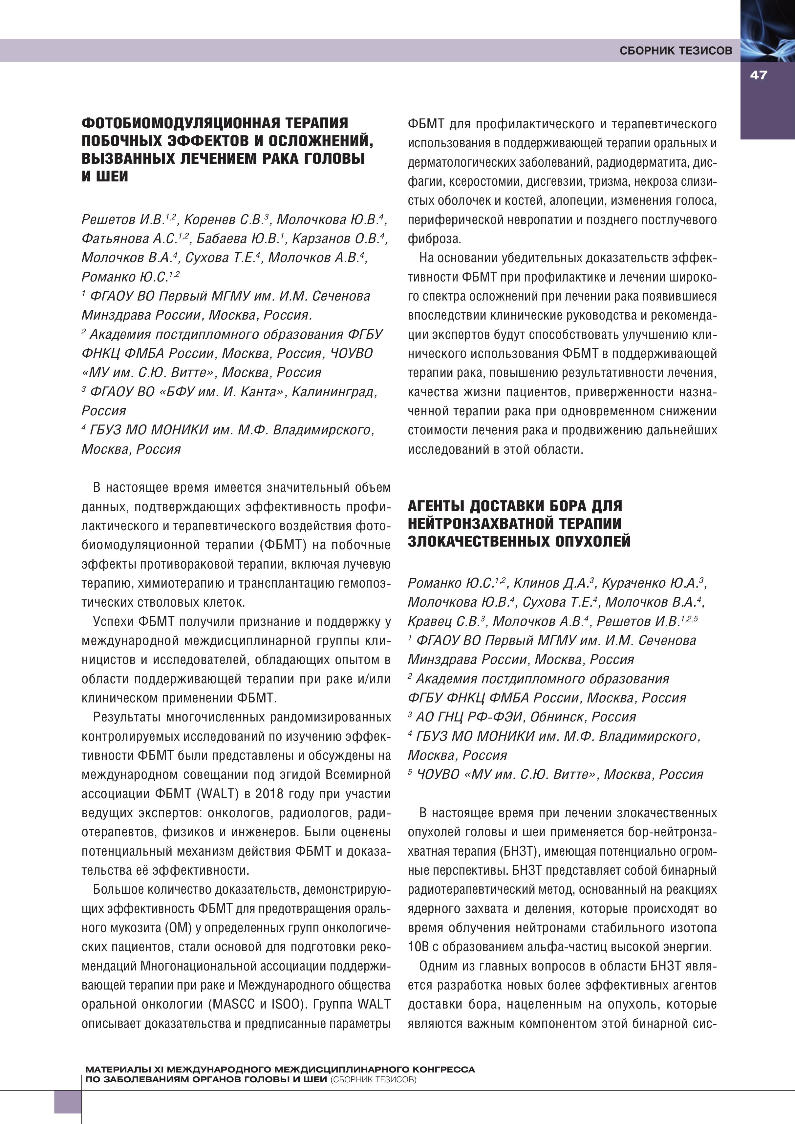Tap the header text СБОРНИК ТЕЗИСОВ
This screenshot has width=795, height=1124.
(x=676, y=51)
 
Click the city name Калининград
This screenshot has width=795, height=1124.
(x=334, y=392)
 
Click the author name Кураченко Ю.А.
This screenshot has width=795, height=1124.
(x=653, y=583)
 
